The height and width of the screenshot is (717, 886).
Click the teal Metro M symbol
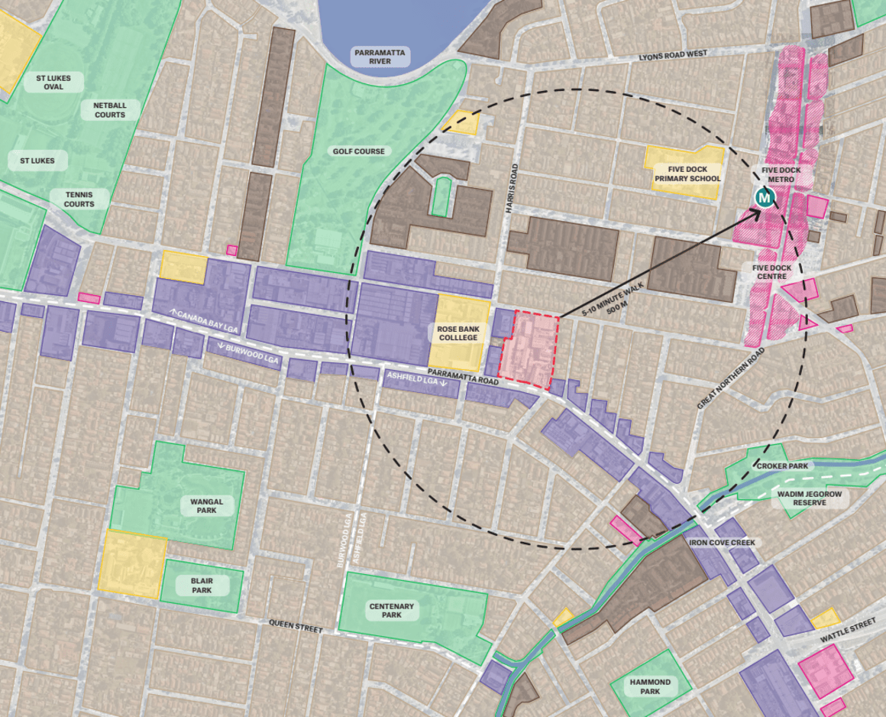(765, 198)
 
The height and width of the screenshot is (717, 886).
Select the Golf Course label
(358, 151)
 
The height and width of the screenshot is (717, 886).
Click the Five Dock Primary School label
(687, 174)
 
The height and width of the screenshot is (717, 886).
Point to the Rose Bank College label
(458, 333)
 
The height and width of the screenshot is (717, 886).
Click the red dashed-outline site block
(534, 349)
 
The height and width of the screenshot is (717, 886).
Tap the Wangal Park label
(206, 506)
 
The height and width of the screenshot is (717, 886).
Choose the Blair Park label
(202, 586)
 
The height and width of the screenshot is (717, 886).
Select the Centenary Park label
(391, 611)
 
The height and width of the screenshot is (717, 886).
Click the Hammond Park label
(650, 686)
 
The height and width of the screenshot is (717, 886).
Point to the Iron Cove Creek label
(722, 543)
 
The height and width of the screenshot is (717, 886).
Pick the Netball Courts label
(110, 110)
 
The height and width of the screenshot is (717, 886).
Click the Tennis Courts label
(79, 200)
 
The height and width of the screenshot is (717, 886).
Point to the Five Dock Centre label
(771, 272)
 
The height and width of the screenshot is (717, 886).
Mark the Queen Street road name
(295, 626)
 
